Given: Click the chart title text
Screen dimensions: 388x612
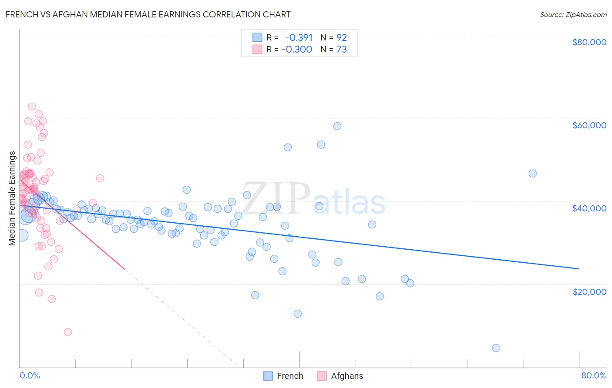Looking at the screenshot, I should pos(148,14).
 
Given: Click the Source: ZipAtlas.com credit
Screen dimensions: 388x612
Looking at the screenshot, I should pos(573,14).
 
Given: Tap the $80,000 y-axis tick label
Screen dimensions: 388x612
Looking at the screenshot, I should pos(589,42).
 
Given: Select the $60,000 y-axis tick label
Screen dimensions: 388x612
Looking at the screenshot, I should pos(589,125).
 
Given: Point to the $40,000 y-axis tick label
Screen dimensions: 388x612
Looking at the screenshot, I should pos(589,208).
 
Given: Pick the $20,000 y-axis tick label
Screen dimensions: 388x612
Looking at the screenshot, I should pos(589,291).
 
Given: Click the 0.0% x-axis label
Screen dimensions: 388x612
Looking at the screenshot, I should pos(30,375).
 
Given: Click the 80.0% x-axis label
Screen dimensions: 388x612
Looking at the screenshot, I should pos(594,375).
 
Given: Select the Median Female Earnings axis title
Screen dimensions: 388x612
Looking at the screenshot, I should pos(12,198).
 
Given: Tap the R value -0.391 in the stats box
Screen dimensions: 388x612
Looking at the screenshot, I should pos(299,37).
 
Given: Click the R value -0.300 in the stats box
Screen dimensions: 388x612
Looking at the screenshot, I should pos(297,49).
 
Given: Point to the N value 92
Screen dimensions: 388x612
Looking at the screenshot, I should pos(342,37).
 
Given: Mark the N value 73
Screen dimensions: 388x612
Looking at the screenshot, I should pos(342,49).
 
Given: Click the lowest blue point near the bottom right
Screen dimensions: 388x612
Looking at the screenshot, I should pos(496,348).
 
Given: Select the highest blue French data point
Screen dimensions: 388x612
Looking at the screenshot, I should pos(337,126).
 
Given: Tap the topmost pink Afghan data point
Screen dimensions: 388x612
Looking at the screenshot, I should pos(32,107).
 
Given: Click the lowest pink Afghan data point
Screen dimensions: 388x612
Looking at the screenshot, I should pos(68,332).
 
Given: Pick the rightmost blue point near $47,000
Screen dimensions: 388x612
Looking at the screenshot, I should pos(532,174).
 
